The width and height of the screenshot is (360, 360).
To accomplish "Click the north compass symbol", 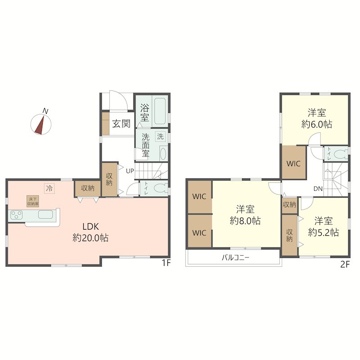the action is coord(41,124).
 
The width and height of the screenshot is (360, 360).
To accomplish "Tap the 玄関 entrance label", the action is coord(121,124).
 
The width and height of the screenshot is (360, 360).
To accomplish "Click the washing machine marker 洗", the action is coord(160,137).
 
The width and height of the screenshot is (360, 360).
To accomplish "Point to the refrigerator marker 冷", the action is coord(49,189).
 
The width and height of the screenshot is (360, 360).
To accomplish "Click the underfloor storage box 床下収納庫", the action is coord(32,201).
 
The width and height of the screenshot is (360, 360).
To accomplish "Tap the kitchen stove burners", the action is coord(17,215).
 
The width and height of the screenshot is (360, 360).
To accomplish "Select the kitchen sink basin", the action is coord(45,215).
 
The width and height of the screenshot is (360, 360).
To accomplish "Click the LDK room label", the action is coord(91,227).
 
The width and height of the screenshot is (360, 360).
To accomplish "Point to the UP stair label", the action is coord(130,171).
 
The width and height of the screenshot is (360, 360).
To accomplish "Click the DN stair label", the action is coord(318,189).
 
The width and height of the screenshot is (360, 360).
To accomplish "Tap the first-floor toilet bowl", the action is coord(159,189).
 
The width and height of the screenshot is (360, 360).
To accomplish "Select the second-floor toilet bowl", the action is coord(340,154).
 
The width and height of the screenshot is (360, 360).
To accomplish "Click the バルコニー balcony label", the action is coord(235,257).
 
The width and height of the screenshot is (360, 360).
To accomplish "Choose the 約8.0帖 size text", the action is coord(245,221).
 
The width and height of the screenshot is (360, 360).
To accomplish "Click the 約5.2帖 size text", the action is coord(324,233).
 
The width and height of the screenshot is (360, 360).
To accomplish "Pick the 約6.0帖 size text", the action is coord(317,124).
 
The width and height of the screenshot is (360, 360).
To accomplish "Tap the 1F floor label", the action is coord(166,263).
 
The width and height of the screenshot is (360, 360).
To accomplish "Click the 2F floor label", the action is coord(345,265).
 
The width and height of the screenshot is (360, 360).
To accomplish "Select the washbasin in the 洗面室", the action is coord(162,153).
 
